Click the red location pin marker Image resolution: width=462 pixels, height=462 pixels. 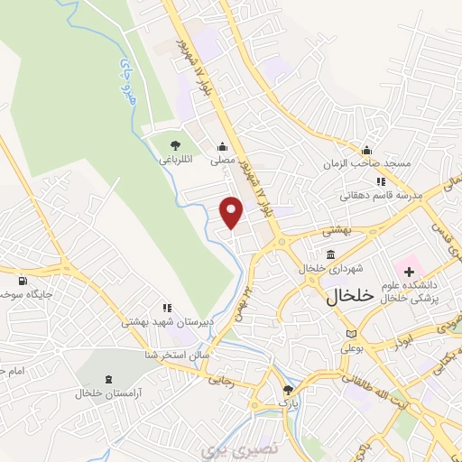tap(232, 212)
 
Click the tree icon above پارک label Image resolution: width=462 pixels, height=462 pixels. tap(288, 390)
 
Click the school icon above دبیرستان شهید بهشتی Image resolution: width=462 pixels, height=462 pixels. tap(165, 307)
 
